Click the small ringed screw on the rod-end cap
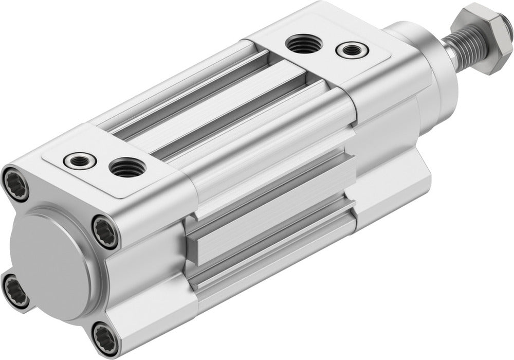352,50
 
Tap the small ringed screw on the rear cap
80,160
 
